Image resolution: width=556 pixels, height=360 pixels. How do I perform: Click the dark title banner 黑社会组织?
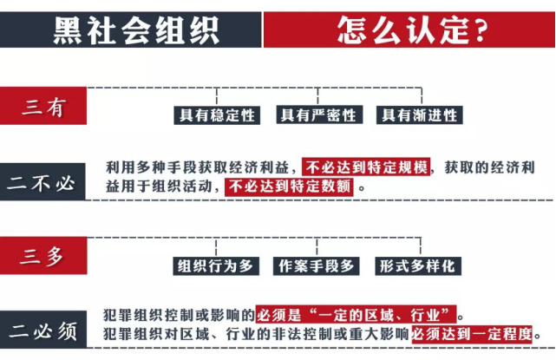[x=130, y=29]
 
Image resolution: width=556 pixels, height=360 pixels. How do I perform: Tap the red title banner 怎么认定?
[x=409, y=29]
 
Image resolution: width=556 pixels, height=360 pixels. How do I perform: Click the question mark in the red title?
[x=480, y=30]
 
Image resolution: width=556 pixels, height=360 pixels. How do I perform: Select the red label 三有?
[x=43, y=106]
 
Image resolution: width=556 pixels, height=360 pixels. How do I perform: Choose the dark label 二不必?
[x=43, y=182]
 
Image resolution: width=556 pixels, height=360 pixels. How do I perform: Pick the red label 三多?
[x=43, y=255]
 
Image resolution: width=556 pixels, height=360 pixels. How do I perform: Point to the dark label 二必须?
[x=43, y=330]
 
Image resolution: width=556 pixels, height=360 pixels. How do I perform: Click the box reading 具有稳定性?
[x=217, y=115]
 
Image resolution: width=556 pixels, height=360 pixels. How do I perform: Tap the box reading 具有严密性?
[x=319, y=115]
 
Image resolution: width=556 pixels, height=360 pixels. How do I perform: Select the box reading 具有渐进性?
[x=420, y=115]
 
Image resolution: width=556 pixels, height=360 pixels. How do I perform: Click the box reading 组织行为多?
[x=216, y=266]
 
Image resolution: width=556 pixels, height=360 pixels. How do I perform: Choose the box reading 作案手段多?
[x=317, y=266]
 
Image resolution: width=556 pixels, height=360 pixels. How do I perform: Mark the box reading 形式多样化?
[x=418, y=266]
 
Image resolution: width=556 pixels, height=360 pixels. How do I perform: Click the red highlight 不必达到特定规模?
[x=366, y=167]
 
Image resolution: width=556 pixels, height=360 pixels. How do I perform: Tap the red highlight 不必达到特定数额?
[x=289, y=187]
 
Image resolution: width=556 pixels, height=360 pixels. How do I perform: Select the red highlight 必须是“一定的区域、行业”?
[x=356, y=314]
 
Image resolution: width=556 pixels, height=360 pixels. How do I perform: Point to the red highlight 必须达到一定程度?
[x=472, y=334]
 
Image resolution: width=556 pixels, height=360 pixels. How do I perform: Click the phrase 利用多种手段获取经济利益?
[x=198, y=167]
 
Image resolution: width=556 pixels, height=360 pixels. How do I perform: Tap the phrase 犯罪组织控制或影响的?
[x=179, y=315]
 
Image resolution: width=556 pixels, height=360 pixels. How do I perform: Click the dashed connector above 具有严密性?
[x=318, y=96]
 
